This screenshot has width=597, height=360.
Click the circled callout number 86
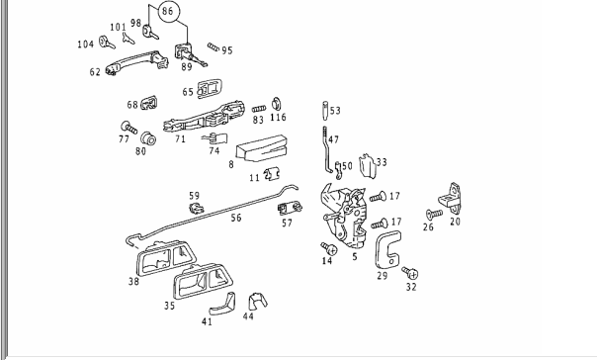(167, 11)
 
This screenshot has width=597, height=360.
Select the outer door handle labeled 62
(136, 61)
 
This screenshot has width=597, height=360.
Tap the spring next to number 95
(213, 47)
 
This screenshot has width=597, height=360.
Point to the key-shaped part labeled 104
(107, 43)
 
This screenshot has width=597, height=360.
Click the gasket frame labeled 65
(210, 89)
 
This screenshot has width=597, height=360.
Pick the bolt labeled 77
(129, 128)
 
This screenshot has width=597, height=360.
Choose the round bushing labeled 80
(148, 138)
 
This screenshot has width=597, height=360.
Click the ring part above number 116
(277, 104)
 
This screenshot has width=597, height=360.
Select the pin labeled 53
(325, 111)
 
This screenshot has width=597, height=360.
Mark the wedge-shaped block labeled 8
(262, 148)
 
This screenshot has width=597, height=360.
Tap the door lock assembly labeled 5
(345, 216)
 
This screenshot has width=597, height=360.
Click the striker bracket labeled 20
(450, 199)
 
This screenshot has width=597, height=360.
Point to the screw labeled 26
(434, 214)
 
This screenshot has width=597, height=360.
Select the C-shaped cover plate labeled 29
(387, 249)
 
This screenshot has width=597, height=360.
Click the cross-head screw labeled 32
(410, 273)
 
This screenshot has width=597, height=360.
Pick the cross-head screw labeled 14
(329, 248)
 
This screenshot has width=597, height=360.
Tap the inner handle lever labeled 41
(222, 305)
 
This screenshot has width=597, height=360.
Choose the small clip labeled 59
(196, 209)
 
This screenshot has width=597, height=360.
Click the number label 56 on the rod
(236, 218)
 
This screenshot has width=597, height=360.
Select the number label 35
(169, 306)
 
